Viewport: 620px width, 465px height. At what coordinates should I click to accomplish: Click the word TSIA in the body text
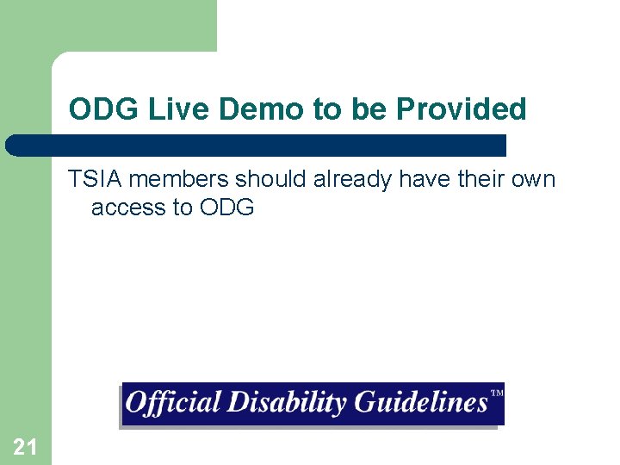point(96,180)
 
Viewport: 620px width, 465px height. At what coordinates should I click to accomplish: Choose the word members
point(179,180)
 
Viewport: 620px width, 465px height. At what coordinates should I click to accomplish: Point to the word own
point(536,180)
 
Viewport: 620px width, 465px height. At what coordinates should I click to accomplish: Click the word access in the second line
point(129,208)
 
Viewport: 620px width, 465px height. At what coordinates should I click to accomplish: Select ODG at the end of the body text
point(226,208)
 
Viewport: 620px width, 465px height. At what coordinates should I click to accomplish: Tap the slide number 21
point(25,446)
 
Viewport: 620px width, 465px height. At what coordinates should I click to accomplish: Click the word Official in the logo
point(172,403)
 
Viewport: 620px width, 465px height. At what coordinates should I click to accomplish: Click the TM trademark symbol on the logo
point(496,394)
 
